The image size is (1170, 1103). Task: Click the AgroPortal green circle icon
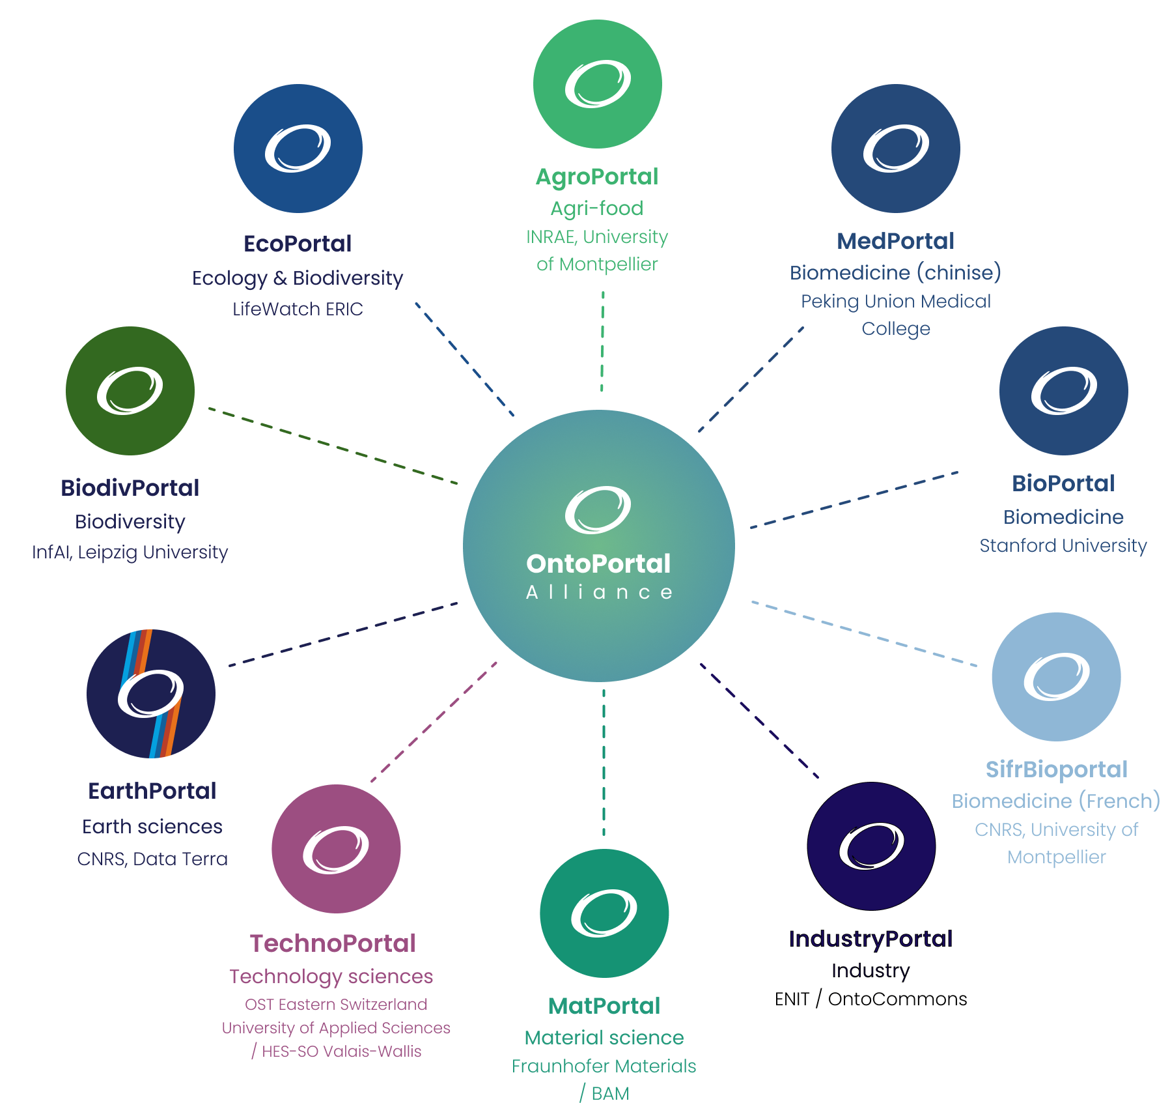(x=597, y=84)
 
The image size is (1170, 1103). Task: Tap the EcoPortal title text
(x=298, y=244)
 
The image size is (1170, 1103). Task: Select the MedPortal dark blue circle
(x=895, y=149)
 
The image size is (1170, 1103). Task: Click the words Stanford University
(x=1063, y=545)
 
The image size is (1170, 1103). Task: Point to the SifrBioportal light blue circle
(x=1056, y=677)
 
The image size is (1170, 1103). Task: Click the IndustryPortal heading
(x=871, y=939)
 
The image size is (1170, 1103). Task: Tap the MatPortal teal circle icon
(x=604, y=913)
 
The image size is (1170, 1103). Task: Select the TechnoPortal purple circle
(x=336, y=849)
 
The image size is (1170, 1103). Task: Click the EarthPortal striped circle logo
(x=151, y=694)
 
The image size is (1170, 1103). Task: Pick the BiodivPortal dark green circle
(x=130, y=391)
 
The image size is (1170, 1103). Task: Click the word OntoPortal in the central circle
(x=598, y=564)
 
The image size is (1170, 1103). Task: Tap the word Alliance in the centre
(x=599, y=592)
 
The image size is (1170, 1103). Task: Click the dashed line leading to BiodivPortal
(x=333, y=446)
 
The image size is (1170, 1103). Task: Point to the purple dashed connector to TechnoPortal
(x=434, y=722)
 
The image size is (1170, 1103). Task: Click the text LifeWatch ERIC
(x=298, y=309)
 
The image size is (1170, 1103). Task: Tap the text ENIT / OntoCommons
(x=871, y=999)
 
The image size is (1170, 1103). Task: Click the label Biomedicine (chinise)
(x=895, y=272)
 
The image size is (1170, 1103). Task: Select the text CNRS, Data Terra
(x=152, y=859)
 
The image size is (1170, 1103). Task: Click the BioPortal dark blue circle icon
(x=1063, y=391)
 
